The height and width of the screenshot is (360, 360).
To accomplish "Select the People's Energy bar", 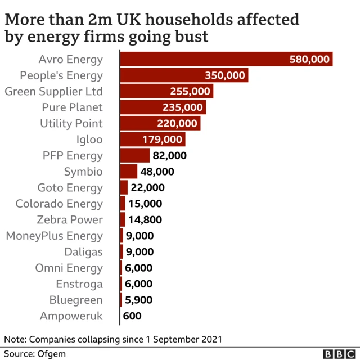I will click(184, 75).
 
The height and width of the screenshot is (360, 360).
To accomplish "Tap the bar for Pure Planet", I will click(163, 107).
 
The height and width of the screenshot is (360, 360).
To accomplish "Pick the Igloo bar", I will click(152, 139).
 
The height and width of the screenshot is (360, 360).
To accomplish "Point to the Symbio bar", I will click(129, 172).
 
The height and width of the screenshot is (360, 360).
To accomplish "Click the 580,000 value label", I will click(309, 59).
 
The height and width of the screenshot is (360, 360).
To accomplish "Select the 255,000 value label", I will click(190, 91).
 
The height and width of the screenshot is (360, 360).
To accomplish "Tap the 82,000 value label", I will click(169, 156).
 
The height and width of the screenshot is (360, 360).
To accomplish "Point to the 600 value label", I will click(132, 316).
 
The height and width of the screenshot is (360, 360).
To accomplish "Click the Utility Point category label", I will click(71, 123).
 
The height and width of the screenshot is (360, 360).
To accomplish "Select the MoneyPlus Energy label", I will click(55, 236).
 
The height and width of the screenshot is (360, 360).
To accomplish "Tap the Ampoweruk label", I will click(71, 316).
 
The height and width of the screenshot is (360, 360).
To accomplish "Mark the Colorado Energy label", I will click(59, 204).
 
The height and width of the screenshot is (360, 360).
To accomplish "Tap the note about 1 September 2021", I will click(113, 339).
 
